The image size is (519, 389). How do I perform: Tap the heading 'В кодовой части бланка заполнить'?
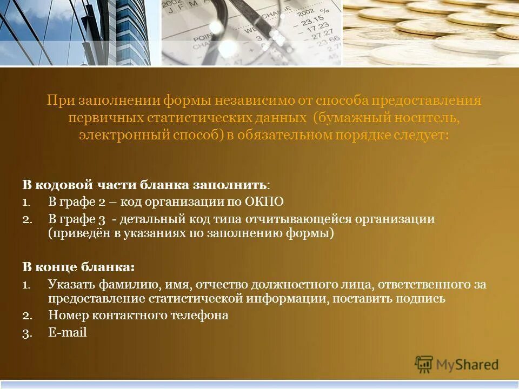[x=144, y=185]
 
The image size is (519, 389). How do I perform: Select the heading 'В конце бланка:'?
[x=78, y=267]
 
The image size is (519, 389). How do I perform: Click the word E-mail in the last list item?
[x=68, y=332]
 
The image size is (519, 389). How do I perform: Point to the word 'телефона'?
[x=203, y=315]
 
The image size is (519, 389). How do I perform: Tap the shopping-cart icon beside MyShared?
[x=424, y=364]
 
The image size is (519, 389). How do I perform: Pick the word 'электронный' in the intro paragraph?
[x=111, y=135]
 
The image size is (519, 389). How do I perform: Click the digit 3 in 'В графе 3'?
[x=101, y=219]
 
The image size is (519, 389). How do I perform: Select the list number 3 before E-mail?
[x=26, y=333]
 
